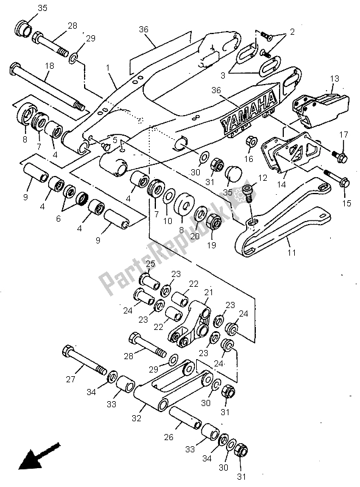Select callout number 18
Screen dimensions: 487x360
click(x=49, y=65)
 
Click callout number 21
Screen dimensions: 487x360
click(x=210, y=293)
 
